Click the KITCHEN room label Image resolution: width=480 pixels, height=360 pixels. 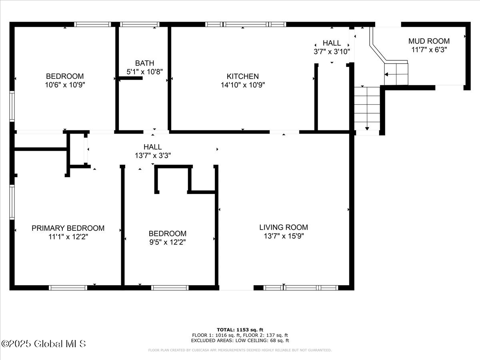242,76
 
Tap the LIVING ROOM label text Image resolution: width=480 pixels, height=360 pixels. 283,227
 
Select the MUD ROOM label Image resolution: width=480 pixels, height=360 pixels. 429,41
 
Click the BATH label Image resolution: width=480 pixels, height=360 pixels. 144,63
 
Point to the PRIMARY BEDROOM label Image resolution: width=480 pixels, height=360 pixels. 68,228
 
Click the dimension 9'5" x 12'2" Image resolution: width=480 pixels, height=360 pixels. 167,242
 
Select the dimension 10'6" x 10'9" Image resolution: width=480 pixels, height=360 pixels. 65,85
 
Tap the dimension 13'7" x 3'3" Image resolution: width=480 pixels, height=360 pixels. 153,156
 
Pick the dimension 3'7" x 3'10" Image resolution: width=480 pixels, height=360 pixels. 332,51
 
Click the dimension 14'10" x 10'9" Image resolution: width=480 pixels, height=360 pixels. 242,85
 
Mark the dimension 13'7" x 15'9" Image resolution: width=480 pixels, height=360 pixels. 284,236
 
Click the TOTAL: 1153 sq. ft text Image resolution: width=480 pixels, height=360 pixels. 240,330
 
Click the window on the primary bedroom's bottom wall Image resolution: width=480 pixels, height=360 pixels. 68,287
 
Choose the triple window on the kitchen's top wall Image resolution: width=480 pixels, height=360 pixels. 246,24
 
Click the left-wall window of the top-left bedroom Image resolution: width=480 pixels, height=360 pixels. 12,106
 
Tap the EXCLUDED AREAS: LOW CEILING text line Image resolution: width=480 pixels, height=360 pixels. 240,340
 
